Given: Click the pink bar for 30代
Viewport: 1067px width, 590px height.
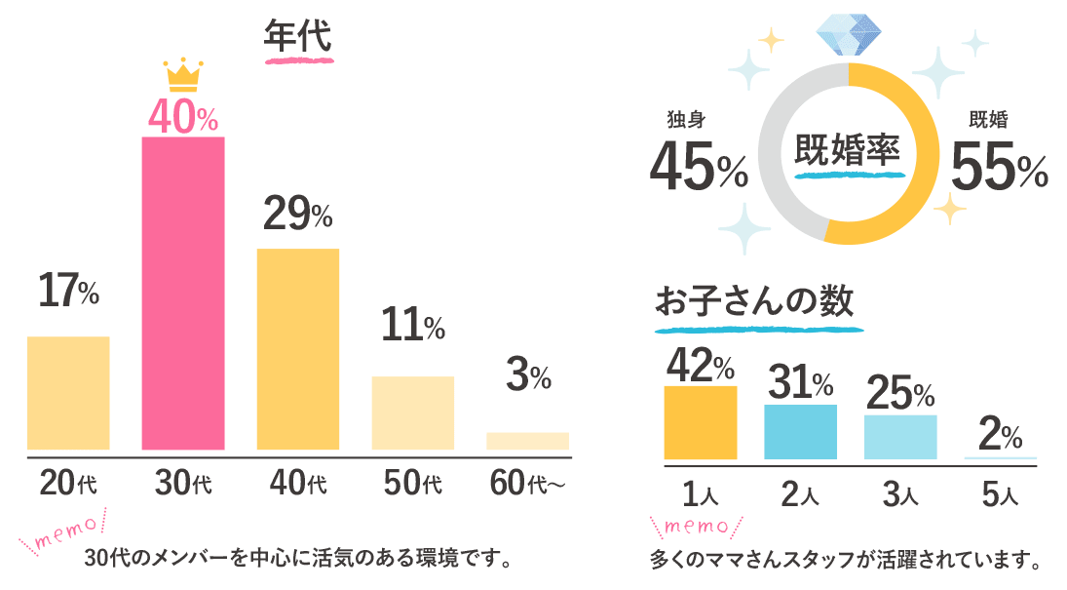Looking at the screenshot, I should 183,293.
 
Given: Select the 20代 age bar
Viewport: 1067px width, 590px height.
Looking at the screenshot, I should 68,393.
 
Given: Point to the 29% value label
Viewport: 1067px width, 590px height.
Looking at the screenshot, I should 298,214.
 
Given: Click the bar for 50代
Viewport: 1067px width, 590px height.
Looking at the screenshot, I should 412,413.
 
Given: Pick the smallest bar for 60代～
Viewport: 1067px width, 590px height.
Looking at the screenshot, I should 527,441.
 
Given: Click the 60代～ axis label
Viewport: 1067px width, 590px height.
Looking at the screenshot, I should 527,482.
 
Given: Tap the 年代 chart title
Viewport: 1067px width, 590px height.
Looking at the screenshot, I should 298,37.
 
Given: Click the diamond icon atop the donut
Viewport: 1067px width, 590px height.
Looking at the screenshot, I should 849,33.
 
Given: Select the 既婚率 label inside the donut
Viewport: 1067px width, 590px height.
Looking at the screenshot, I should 848,150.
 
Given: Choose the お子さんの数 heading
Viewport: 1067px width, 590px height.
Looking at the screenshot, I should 754,301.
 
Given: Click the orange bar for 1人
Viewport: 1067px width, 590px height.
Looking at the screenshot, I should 700,422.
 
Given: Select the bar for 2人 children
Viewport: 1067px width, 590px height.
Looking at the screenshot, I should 800,431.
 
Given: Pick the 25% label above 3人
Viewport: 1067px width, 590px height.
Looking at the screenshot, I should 899,391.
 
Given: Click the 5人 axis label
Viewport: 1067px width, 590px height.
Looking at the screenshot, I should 1000,495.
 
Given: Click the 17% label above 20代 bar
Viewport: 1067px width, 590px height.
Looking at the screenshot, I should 68,291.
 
